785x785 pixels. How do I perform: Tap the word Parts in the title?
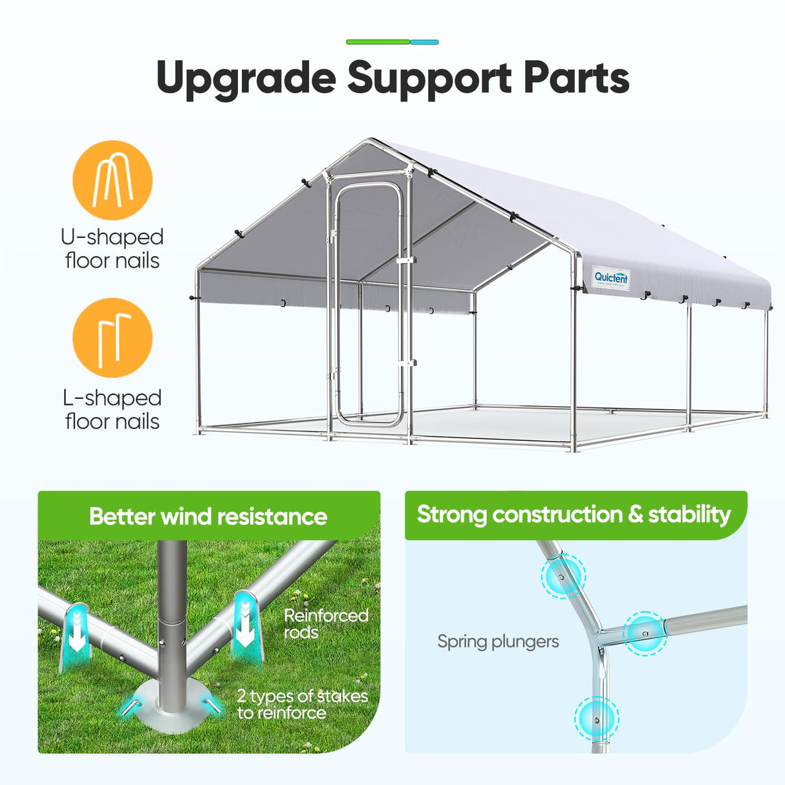[x=576, y=78]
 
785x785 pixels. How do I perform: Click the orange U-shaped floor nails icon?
[x=113, y=180]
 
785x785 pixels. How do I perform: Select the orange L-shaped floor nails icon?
[x=113, y=338]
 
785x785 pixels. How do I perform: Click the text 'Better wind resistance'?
[x=208, y=517]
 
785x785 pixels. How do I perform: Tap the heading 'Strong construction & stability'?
[x=574, y=515]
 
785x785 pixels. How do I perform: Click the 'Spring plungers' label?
[x=498, y=641]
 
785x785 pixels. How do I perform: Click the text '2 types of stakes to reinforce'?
[x=302, y=704]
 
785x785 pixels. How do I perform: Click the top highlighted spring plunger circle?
[x=563, y=576]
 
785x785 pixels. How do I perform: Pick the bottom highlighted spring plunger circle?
[x=597, y=718]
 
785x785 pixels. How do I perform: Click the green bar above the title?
[x=378, y=42]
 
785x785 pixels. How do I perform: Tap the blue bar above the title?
[x=424, y=42]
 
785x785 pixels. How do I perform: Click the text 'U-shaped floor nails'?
[x=113, y=248]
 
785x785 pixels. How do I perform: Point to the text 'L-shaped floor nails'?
[x=113, y=409]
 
